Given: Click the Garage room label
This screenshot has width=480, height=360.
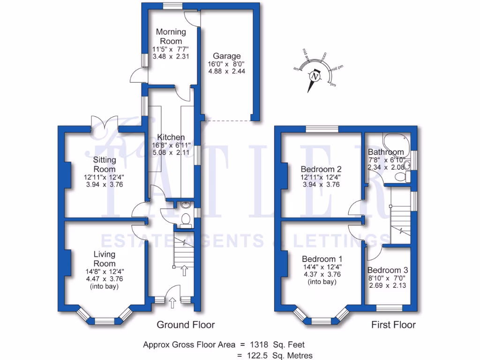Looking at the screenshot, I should (227, 56).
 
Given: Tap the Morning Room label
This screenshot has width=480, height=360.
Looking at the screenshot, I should (171, 36).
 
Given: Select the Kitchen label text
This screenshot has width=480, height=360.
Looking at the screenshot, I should (171, 137).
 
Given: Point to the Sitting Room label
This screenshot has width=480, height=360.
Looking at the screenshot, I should (105, 165).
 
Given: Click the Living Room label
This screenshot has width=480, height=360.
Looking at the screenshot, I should (104, 259).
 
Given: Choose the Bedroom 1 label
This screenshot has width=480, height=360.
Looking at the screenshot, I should (322, 259).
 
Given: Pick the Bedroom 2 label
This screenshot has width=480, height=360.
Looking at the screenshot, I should (321, 169).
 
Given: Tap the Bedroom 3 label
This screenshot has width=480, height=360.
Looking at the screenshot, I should (387, 270).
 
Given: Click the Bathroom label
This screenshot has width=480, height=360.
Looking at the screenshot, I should (385, 152).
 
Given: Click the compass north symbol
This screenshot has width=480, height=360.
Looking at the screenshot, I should (315, 76).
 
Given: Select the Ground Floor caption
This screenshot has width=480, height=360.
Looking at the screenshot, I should (186, 325).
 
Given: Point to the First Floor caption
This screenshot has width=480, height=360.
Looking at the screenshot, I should (393, 325).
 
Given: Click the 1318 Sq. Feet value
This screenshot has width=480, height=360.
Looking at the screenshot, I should (278, 345).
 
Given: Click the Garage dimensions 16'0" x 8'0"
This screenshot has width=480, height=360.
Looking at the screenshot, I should (227, 64).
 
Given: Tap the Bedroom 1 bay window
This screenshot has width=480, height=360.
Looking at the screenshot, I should (322, 320).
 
